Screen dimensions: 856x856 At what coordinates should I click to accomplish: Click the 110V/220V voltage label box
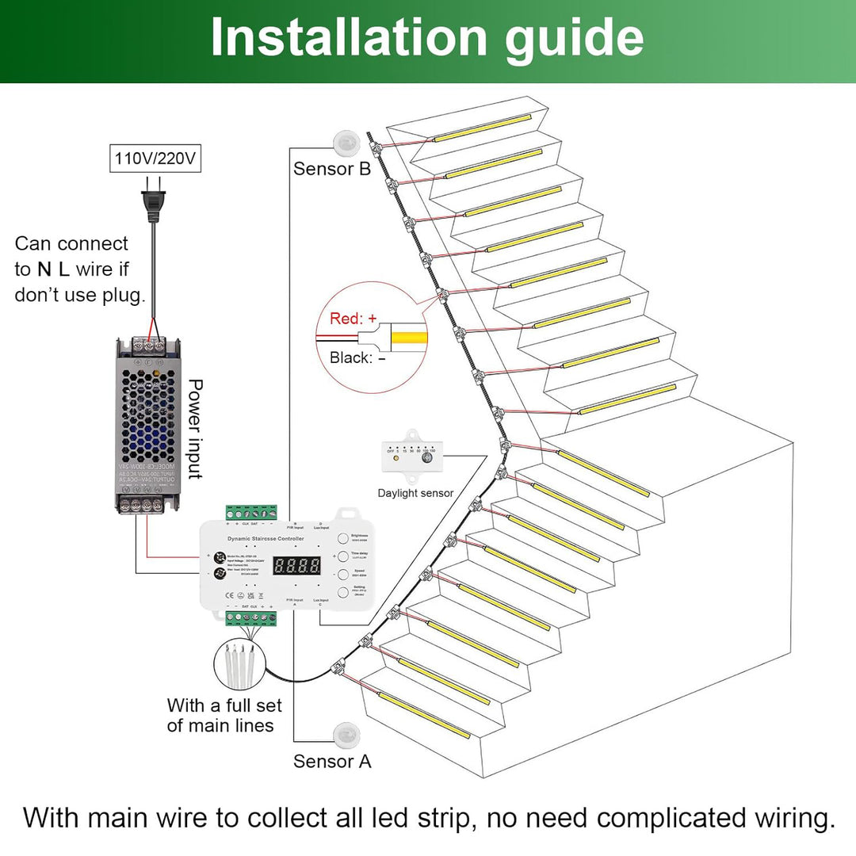tap(155, 159)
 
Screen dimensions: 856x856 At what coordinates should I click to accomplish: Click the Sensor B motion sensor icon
tap(346, 142)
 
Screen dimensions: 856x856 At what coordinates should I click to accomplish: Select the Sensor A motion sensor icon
tap(346, 735)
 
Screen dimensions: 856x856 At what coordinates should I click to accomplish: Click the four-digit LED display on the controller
tap(296, 566)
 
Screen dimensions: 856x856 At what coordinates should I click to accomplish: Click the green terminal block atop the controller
tap(252, 513)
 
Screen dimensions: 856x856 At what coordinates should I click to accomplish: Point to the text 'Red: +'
tap(353, 319)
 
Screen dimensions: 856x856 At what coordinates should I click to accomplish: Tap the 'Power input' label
tap(194, 429)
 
